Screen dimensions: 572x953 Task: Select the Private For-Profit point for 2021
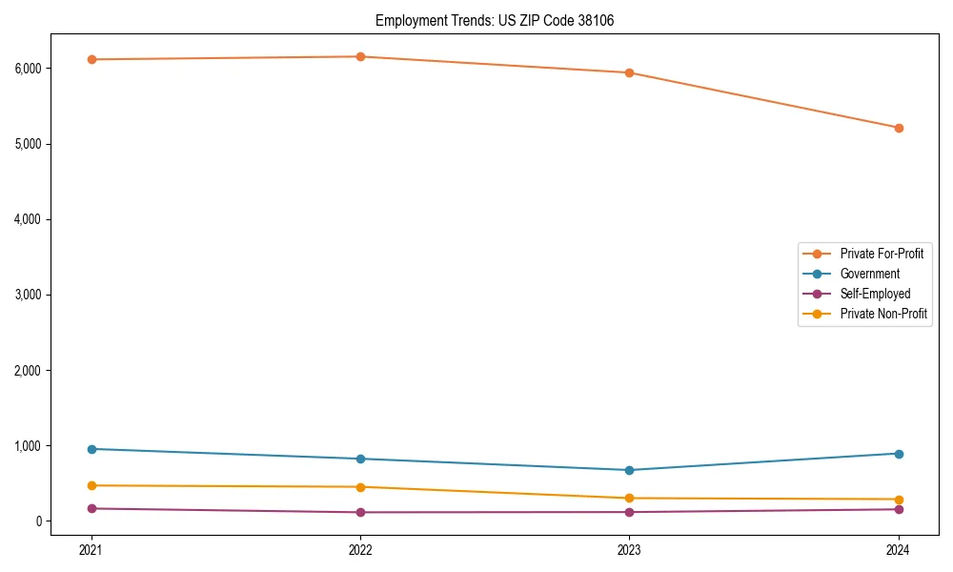tap(91, 59)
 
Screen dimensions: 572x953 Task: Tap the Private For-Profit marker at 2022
tap(360, 56)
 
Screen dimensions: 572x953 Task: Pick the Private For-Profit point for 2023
tap(629, 72)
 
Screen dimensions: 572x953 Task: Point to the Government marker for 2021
tap(91, 449)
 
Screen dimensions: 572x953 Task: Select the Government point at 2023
tap(629, 470)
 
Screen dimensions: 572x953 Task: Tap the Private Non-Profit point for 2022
tap(360, 487)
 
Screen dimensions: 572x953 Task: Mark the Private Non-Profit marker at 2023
tap(629, 499)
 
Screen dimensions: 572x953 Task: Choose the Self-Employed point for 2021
tap(91, 508)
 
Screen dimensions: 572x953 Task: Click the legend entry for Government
tap(869, 274)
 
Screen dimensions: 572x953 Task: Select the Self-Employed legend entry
tap(875, 294)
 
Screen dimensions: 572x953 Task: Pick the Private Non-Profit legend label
tap(883, 314)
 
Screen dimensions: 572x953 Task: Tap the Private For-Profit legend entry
tap(881, 254)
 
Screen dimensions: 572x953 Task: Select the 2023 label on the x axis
tap(629, 549)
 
